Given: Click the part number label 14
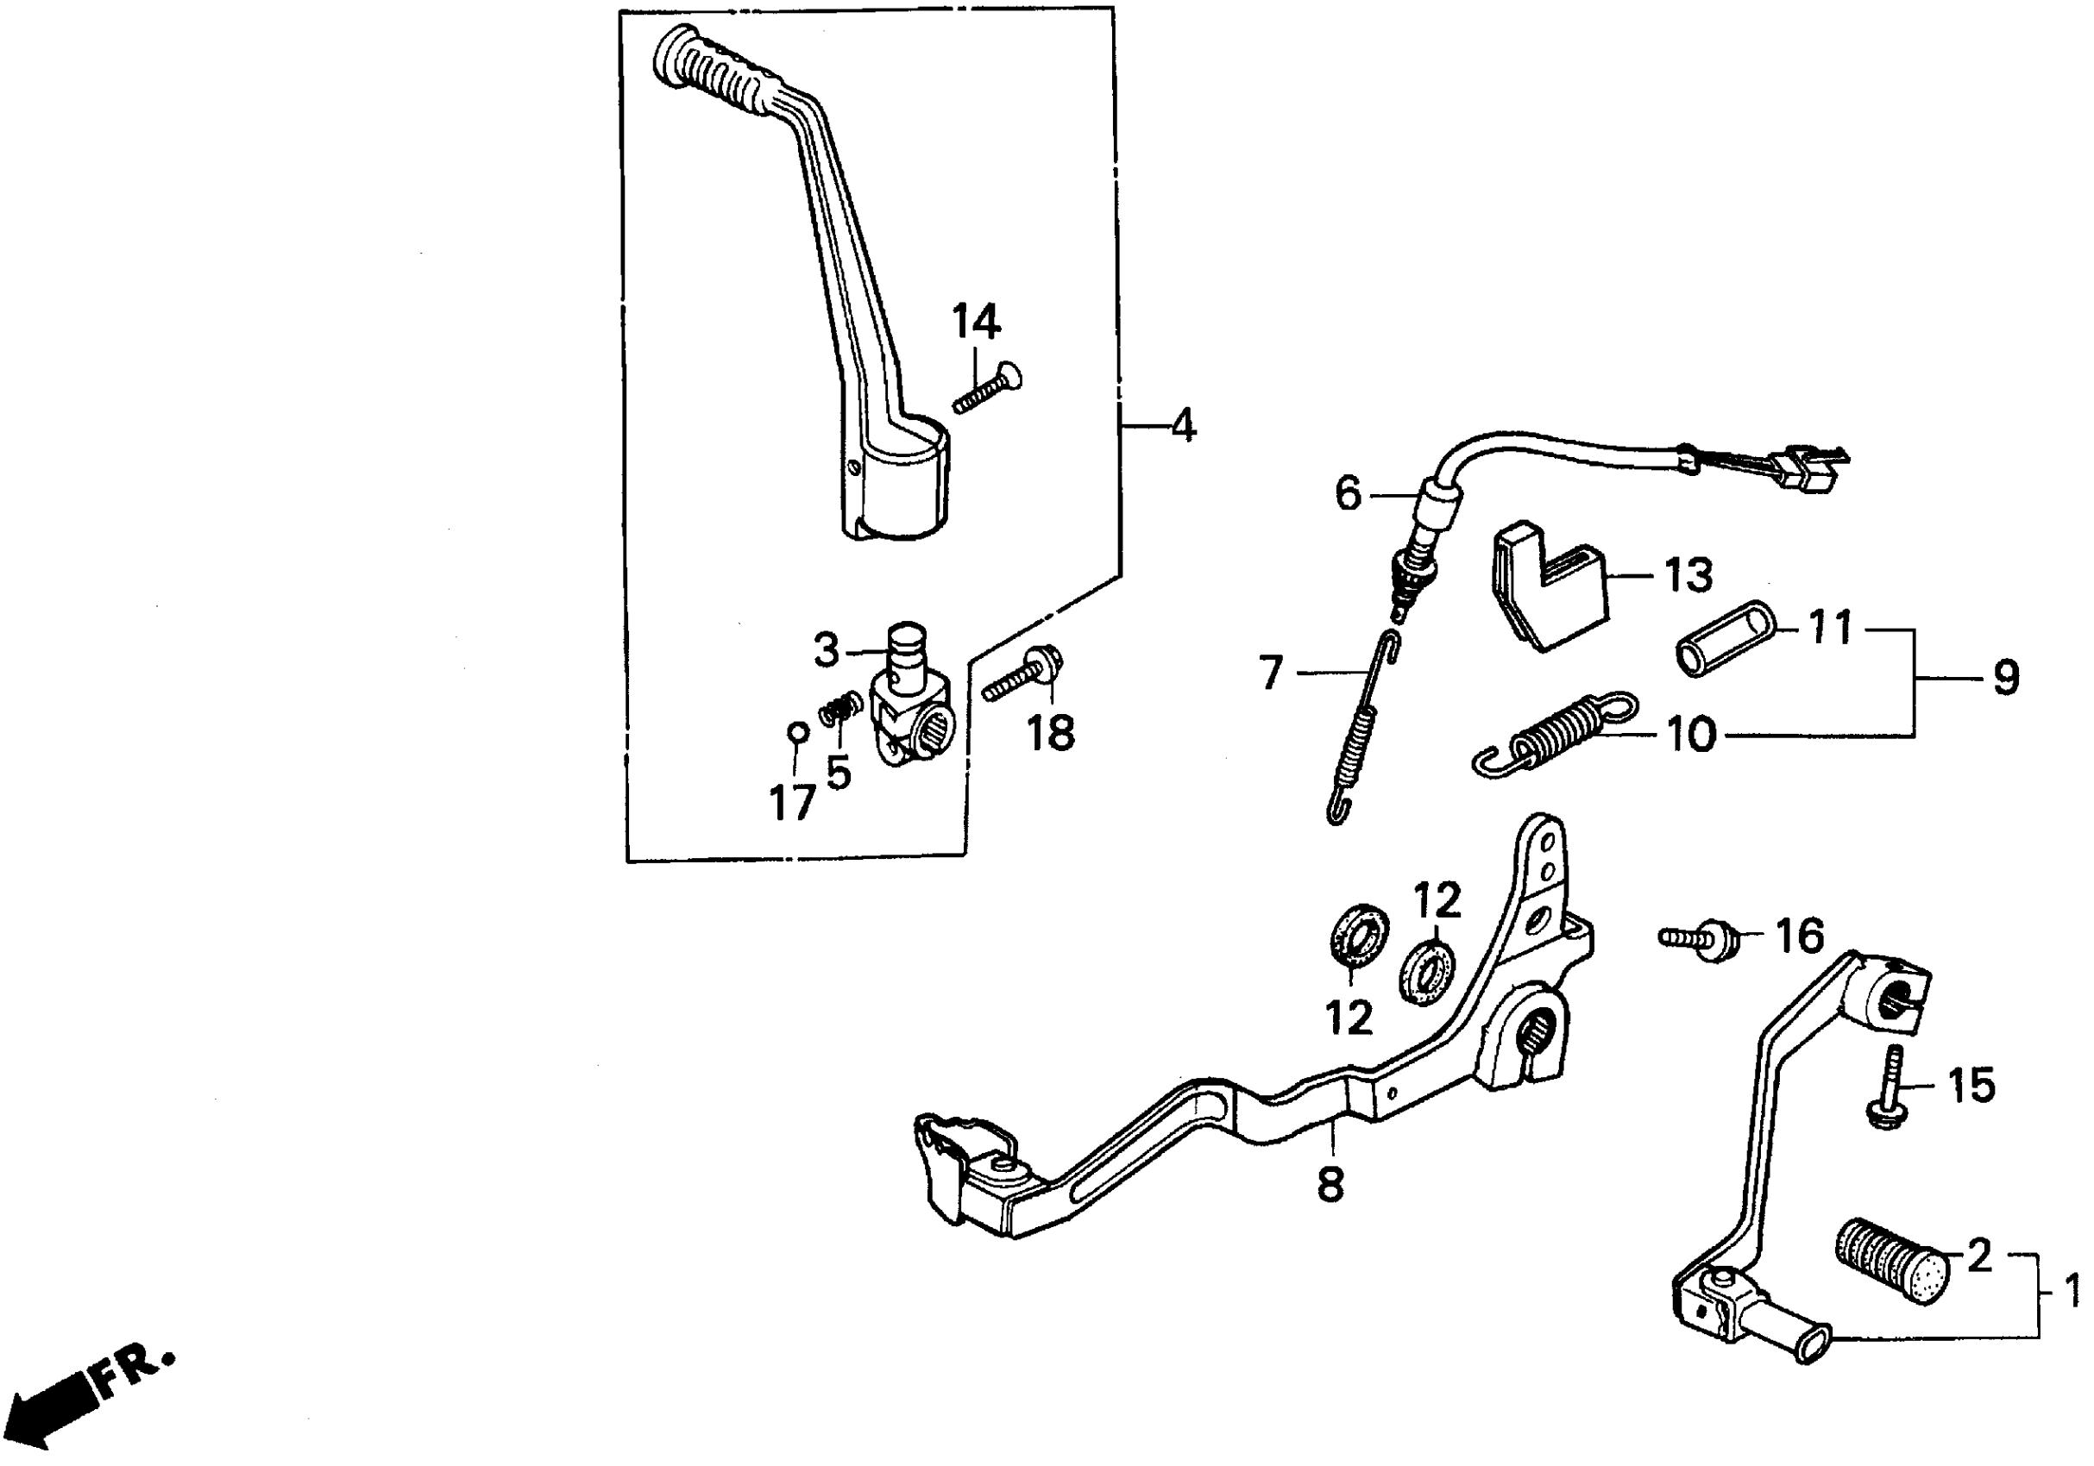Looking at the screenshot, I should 976,322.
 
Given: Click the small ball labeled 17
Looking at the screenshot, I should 796,732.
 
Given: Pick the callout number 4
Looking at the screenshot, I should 1183,427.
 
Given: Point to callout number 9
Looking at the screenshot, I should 2004,679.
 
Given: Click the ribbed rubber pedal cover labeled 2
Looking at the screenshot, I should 1890,1261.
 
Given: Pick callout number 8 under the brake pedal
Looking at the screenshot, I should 1330,1186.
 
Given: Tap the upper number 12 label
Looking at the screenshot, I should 1438,901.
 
